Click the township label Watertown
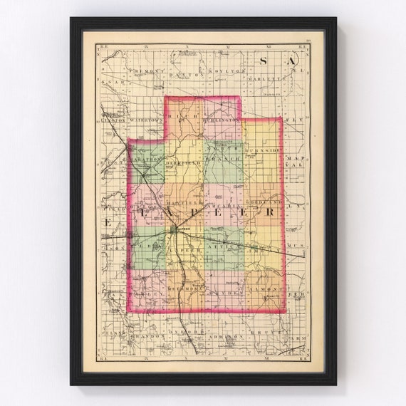146,120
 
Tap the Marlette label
264,72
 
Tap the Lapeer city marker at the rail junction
176,229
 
